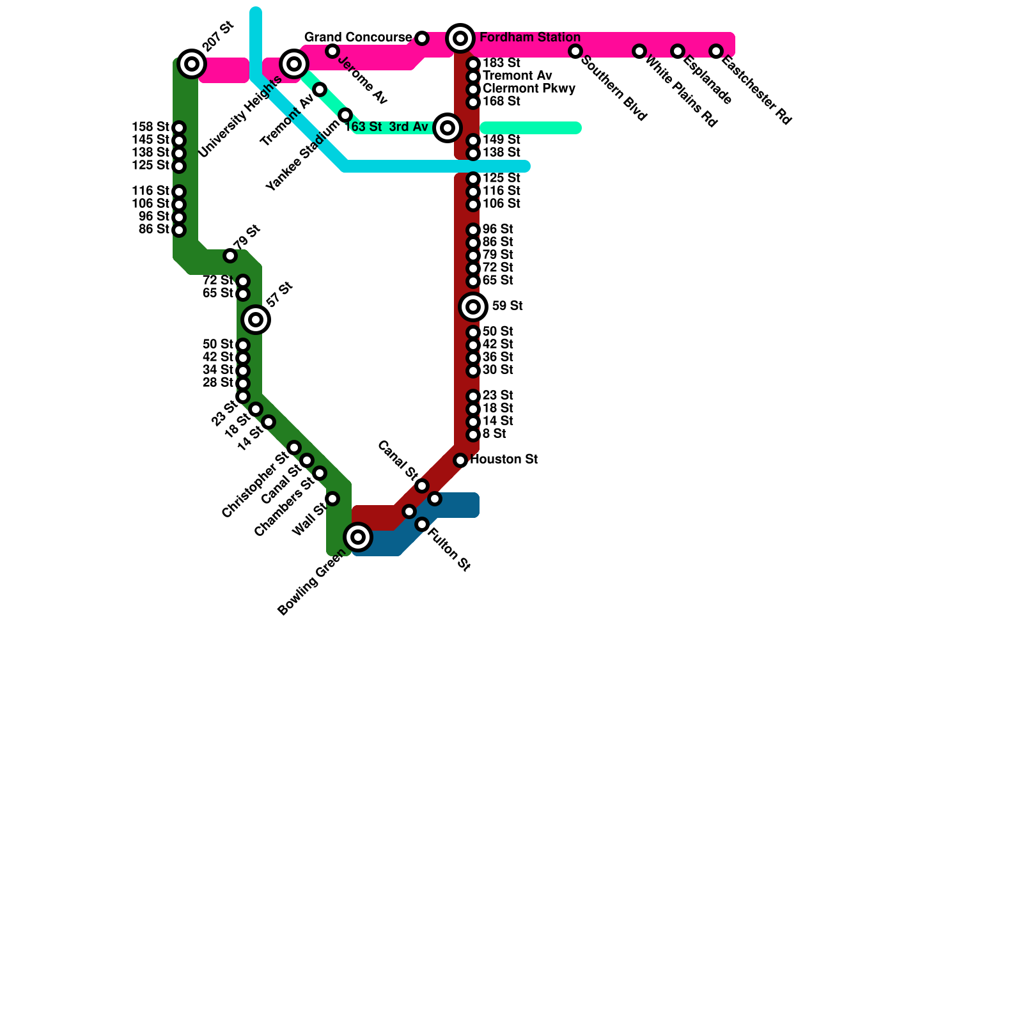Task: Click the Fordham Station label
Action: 529,38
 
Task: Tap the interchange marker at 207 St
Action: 192,63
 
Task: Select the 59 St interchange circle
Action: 473,307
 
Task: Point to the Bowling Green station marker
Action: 358,537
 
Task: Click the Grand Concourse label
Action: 358,38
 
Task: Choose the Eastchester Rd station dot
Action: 716,51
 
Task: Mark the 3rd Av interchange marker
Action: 448,128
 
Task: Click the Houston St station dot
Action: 460,460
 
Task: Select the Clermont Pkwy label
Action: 529,89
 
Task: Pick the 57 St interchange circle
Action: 256,320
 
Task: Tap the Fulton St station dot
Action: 422,524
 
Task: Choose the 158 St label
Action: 150,127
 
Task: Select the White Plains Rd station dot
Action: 639,51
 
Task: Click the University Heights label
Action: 240,117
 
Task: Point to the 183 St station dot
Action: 473,64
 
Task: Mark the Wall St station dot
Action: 332,499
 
